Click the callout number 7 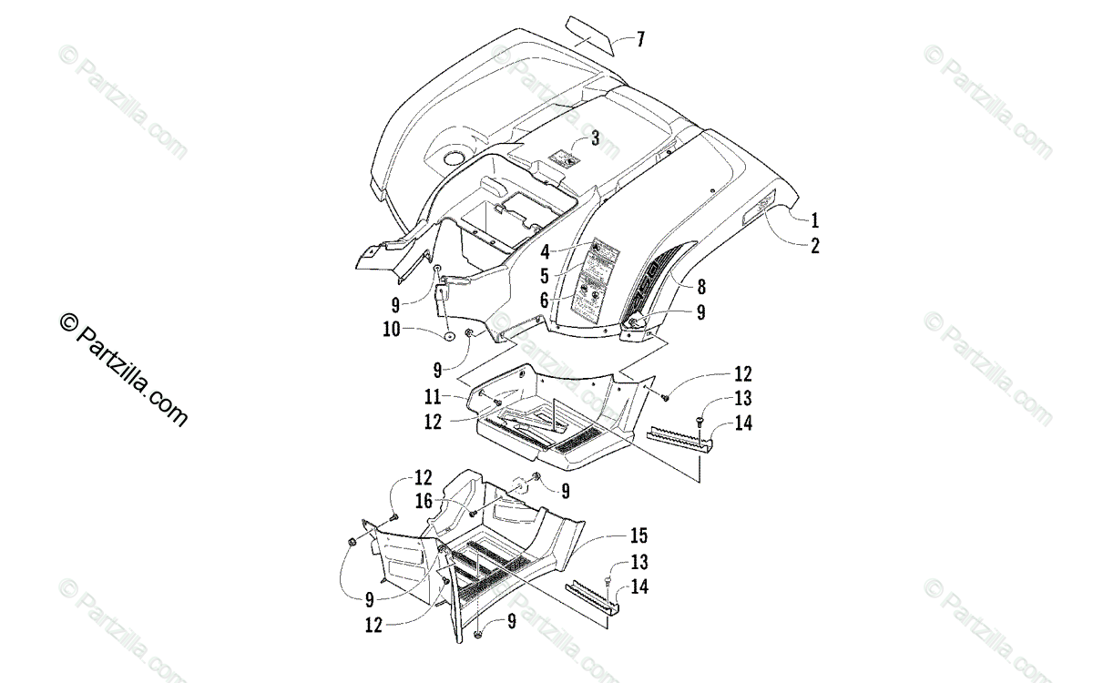640,38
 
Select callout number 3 595,138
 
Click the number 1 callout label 815,219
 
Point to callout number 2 815,245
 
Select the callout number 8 701,287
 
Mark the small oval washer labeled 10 450,337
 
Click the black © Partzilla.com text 123,369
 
